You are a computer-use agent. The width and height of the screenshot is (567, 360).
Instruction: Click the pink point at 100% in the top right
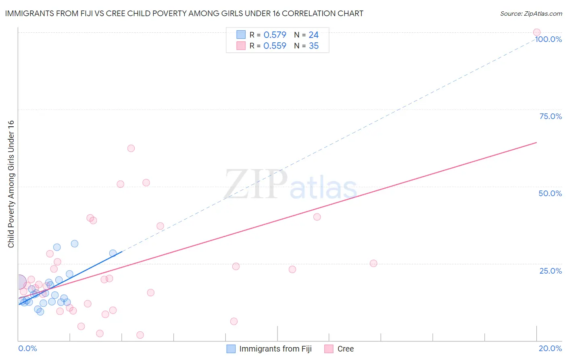pyautogui.click(x=536, y=32)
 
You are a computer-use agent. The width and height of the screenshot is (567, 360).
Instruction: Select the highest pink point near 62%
pyautogui.click(x=131, y=148)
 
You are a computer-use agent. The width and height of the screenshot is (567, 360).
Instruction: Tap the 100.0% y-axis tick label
pyautogui.click(x=548, y=39)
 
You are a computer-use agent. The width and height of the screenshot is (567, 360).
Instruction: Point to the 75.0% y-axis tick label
pyautogui.click(x=550, y=116)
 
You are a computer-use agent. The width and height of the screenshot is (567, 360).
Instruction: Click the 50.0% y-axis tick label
pyautogui.click(x=550, y=193)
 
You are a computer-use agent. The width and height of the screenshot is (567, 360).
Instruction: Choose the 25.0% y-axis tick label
pyautogui.click(x=550, y=270)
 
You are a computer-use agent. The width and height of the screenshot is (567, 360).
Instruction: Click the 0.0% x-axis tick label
pyautogui.click(x=27, y=348)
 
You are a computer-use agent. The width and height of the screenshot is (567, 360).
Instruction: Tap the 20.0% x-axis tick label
pyautogui.click(x=550, y=348)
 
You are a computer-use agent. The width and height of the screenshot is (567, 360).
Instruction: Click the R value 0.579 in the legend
pyautogui.click(x=275, y=35)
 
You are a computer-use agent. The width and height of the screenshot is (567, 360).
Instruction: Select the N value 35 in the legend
pyautogui.click(x=314, y=46)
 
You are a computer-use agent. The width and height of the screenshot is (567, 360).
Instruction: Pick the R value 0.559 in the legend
pyautogui.click(x=275, y=46)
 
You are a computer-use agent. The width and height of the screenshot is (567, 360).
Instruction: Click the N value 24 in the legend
pyautogui.click(x=314, y=35)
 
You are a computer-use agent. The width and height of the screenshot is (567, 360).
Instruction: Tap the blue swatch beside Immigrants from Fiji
pyautogui.click(x=231, y=349)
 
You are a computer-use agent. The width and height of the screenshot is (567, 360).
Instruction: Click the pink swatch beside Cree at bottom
pyautogui.click(x=329, y=349)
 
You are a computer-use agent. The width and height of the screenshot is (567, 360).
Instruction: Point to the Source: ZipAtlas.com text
pyautogui.click(x=531, y=13)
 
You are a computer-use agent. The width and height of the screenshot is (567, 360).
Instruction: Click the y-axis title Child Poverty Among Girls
pyautogui.click(x=11, y=184)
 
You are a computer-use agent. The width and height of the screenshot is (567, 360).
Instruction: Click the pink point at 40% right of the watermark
pyautogui.click(x=317, y=217)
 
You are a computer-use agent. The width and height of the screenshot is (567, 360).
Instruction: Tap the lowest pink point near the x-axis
pyautogui.click(x=140, y=335)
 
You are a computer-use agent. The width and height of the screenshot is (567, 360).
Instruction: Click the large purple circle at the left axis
pyautogui.click(x=19, y=281)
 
